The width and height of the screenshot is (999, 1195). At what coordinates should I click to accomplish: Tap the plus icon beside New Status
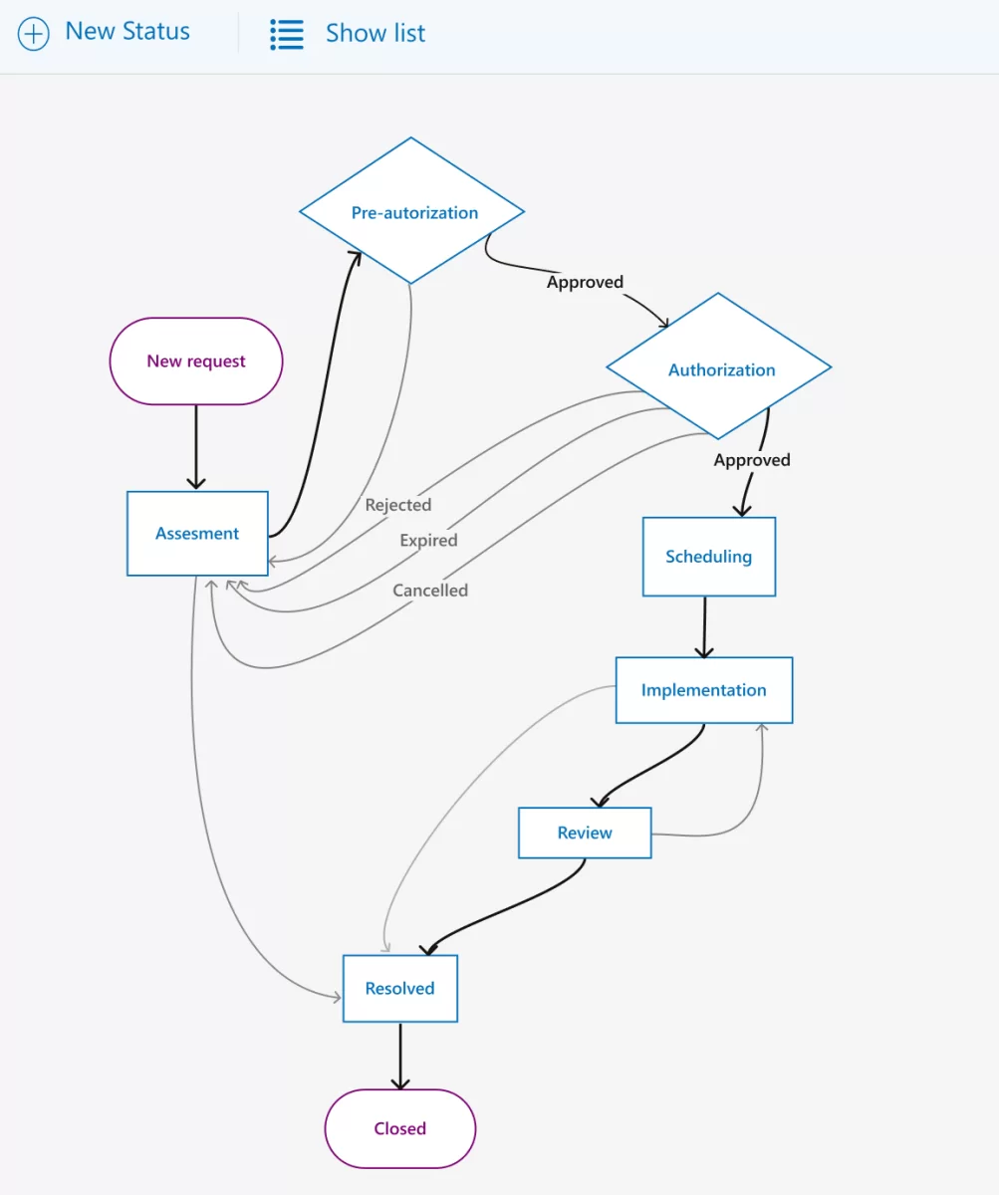pos(34,34)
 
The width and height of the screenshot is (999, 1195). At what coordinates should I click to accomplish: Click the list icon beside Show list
pos(287,34)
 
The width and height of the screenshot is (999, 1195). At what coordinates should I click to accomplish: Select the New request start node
pos(196,361)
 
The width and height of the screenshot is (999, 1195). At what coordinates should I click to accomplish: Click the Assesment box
pos(197,534)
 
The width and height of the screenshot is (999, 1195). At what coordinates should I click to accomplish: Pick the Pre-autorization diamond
pos(412,212)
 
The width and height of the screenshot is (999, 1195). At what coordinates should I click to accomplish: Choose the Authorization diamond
pos(720,369)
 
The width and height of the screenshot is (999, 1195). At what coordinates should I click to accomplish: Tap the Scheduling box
pos(708,557)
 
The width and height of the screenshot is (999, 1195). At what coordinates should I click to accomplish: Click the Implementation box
pos(703,690)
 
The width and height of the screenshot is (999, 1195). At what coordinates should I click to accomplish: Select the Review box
pos(585,833)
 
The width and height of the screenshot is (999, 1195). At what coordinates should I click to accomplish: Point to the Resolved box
pos(399,989)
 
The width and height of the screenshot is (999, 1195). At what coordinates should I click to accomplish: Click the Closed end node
pos(399,1128)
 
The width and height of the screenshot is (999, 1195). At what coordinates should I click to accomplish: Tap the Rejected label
pos(397,505)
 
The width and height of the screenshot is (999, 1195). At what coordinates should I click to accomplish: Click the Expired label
pos(428,541)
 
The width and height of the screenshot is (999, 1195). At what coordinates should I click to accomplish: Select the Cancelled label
pos(429,591)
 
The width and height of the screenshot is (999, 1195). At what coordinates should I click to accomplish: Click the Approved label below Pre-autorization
pos(585,282)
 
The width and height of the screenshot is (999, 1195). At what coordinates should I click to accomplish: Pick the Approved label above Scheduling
pos(752,460)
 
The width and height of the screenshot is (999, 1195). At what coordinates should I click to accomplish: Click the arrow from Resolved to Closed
pos(400,1056)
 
